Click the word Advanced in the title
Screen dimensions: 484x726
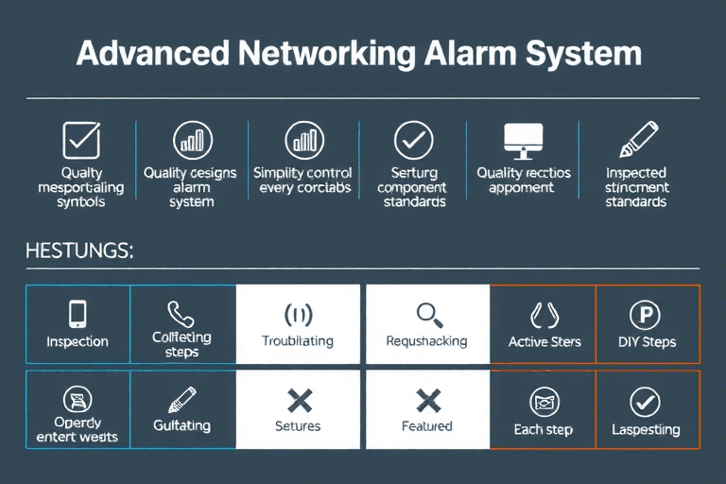coord(151,53)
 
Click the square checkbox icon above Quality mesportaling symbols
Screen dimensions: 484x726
coord(80,141)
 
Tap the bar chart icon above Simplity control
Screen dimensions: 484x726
coord(302,140)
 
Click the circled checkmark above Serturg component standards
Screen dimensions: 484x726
coord(413,141)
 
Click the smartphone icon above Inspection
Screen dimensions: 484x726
coord(78,314)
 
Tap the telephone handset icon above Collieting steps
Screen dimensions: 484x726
coord(181,313)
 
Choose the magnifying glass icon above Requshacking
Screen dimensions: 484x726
coord(427,314)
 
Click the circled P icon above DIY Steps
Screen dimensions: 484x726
coord(646,314)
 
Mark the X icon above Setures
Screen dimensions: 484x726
coord(299,400)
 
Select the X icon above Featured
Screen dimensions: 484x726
coord(427,400)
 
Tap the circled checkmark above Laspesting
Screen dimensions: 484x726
coord(646,401)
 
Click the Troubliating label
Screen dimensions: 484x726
coord(298,342)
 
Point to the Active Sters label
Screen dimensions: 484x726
coord(544,342)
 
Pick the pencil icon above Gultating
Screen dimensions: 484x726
coord(181,399)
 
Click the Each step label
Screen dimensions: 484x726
coord(544,429)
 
